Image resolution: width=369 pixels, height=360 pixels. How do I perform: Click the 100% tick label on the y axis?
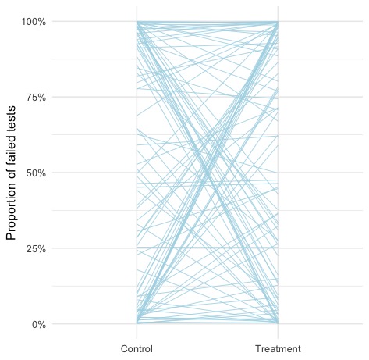(x=34, y=22)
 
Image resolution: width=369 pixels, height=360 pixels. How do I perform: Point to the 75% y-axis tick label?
(x=36, y=98)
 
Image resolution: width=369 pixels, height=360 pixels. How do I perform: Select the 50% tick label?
(x=36, y=173)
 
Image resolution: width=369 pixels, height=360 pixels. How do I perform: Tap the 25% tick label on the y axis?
(x=36, y=248)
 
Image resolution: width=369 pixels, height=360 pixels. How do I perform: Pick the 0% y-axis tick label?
(x=39, y=324)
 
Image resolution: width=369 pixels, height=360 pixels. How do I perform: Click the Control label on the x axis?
(x=137, y=348)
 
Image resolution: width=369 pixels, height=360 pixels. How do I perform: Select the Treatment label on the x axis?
(x=278, y=348)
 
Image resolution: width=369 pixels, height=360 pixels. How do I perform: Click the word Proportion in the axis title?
(x=11, y=212)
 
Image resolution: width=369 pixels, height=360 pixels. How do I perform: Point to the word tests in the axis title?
(x=11, y=119)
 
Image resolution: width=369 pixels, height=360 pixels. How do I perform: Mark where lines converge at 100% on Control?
(x=137, y=22)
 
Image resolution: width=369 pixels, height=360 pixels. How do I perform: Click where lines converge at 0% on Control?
(x=137, y=323)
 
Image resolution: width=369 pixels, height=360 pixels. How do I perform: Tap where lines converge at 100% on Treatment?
(x=278, y=22)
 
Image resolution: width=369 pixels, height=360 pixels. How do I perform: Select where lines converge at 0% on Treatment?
(x=278, y=323)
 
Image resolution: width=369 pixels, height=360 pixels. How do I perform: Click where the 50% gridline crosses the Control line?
(x=137, y=173)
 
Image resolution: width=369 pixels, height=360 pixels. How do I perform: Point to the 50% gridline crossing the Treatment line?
(x=278, y=173)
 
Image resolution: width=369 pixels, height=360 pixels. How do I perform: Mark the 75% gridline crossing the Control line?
(x=137, y=97)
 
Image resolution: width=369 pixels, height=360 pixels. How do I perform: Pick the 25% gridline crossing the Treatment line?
(x=278, y=248)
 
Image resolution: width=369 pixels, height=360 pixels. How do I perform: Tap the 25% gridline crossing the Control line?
(x=137, y=248)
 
